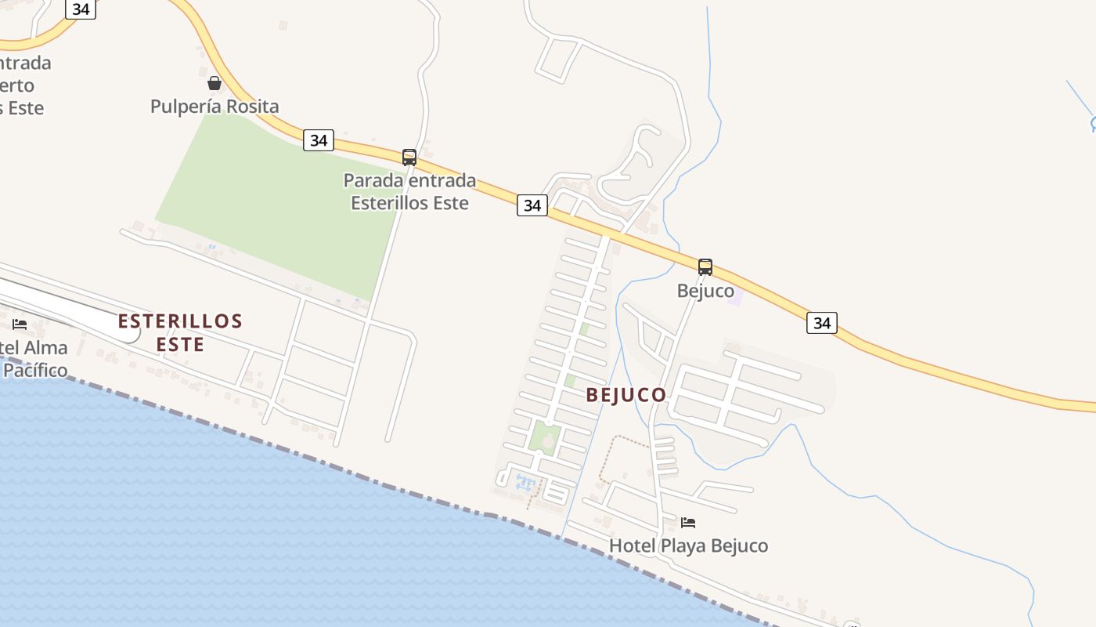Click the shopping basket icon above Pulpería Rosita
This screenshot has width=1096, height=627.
[214, 82]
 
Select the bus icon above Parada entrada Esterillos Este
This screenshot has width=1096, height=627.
[409, 158]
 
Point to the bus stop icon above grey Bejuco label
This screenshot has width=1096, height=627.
[705, 267]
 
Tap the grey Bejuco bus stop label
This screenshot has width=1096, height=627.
[705, 292]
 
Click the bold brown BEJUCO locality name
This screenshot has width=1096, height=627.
[626, 395]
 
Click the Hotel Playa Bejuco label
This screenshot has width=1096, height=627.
[688, 545]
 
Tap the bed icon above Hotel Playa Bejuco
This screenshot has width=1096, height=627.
[687, 523]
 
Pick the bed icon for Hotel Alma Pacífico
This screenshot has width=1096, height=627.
[20, 324]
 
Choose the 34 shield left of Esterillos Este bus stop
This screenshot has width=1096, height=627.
[319, 140]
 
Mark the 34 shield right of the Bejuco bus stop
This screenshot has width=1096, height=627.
[821, 323]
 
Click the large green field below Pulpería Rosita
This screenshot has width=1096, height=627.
[274, 204]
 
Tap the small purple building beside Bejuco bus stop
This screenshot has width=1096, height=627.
[734, 298]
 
